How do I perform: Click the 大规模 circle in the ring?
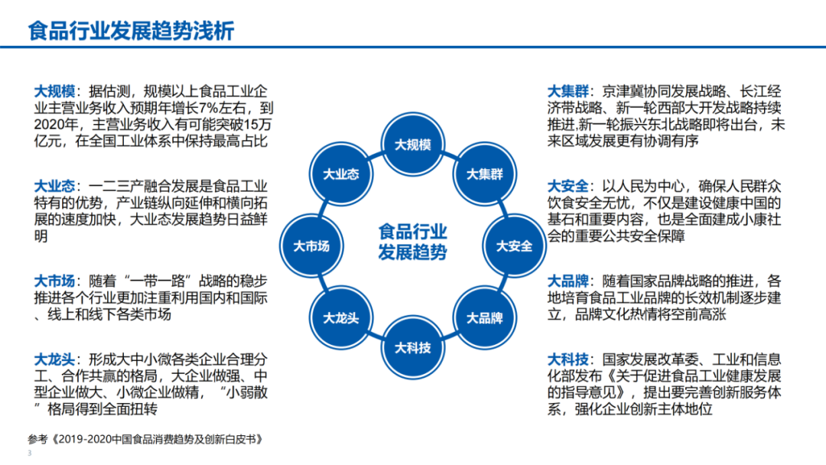coord(413,145)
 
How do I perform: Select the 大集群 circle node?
coord(485,174)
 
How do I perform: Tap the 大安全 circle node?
coord(514,246)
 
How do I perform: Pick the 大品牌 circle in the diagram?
coord(485,317)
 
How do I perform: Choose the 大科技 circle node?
coord(413,347)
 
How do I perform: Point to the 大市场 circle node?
coord(311,246)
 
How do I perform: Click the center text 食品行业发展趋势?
coord(413,242)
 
